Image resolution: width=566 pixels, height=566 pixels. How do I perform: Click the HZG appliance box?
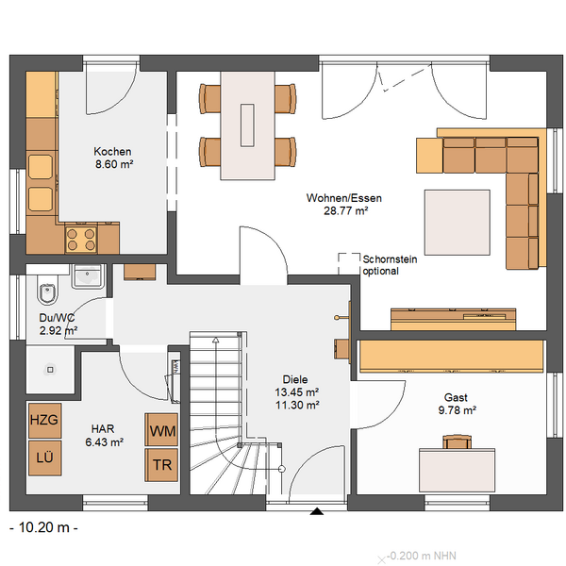pos(44,420)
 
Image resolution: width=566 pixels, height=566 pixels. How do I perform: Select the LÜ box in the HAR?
pos(44,458)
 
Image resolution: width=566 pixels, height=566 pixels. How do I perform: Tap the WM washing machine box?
pos(161,429)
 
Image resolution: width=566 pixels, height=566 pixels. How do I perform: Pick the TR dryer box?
pos(161,465)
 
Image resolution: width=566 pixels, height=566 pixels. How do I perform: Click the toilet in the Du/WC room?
pos(47,290)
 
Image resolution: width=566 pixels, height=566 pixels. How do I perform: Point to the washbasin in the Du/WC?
pos(88,276)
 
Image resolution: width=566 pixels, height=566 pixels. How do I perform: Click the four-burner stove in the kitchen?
pos(81,240)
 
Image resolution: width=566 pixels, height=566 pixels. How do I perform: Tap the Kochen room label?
pos(112,151)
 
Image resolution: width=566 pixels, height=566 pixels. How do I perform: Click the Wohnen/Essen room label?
pos(344,198)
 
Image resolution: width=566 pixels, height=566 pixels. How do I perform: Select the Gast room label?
pos(456,397)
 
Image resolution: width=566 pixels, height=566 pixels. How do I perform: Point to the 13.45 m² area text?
pos(297,392)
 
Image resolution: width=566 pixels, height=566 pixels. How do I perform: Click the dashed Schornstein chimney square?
pos(349,264)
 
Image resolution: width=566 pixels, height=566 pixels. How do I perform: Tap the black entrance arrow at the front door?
pos(317,511)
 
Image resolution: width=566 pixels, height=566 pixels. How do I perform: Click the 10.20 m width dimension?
pos(43,527)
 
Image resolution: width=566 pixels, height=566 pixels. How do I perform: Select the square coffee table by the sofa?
pos(457,223)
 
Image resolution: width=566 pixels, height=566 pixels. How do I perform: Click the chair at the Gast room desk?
pos(457,441)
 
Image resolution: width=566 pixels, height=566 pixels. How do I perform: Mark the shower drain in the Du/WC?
pos(50,370)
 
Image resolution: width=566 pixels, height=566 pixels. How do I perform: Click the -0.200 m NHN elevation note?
pos(422,556)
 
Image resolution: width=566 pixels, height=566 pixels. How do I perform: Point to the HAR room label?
pos(103,429)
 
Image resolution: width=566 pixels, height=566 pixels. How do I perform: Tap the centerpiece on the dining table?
pos(247,125)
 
